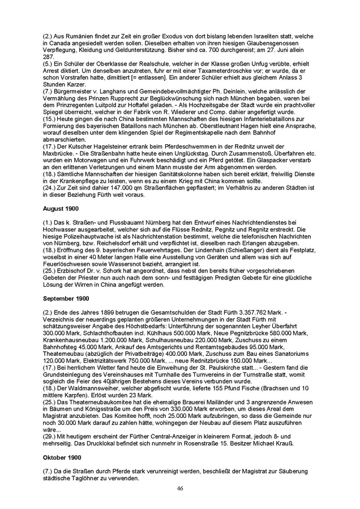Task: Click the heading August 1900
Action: (x=59, y=209)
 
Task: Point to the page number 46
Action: (x=180, y=488)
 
